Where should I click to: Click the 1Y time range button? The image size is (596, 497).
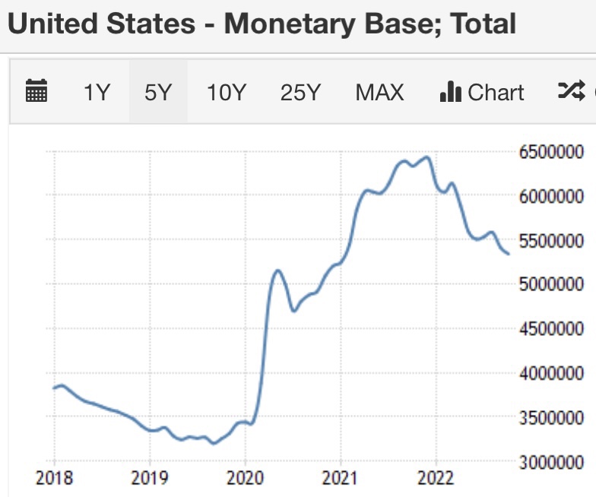coord(97,93)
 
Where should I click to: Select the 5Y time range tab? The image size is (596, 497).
coord(158,93)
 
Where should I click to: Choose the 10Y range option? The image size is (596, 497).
coord(227,93)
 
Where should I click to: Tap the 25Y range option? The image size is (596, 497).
coord(300,93)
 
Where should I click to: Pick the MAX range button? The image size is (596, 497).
coord(379,93)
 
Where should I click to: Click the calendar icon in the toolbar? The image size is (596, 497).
coord(36,92)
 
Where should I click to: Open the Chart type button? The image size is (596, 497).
coord(482,93)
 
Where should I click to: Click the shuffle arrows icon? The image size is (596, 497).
coord(569,92)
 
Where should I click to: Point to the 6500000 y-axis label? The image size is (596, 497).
coord(552,153)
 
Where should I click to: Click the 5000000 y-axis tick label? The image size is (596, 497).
coord(552,285)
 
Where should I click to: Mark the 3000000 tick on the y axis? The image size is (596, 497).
coord(552,462)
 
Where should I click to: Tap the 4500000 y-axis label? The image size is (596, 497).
coord(552,329)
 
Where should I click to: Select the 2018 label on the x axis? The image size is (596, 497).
coord(55,478)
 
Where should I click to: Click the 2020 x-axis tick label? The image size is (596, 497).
coord(246,478)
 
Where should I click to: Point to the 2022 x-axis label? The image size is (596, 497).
coord(436,478)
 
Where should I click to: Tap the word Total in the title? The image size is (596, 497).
coord(483,24)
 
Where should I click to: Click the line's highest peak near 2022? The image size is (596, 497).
coord(427,157)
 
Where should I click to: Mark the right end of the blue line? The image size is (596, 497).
coord(508,254)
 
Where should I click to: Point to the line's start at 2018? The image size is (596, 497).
coord(55,388)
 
